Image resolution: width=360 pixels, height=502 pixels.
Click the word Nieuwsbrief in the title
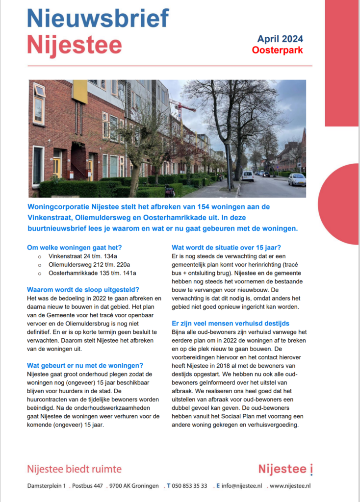point(98,18)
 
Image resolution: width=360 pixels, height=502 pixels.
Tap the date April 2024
point(280,39)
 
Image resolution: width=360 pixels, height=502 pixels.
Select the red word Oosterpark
point(277,50)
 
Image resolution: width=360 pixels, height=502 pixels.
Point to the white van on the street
point(248,176)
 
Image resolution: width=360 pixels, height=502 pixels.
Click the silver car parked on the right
point(296,179)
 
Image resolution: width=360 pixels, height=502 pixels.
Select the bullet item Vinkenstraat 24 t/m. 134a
point(86,256)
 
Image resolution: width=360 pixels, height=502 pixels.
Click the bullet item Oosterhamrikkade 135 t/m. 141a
point(92,273)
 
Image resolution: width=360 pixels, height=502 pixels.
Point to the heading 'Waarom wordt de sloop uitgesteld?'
point(83,289)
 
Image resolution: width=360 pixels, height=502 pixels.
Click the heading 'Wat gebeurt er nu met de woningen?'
point(85,365)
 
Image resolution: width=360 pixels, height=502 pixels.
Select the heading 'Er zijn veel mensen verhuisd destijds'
point(231,324)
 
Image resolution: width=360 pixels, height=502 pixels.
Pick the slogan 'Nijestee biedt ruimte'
point(74,469)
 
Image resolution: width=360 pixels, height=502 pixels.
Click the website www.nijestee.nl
point(290,486)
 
